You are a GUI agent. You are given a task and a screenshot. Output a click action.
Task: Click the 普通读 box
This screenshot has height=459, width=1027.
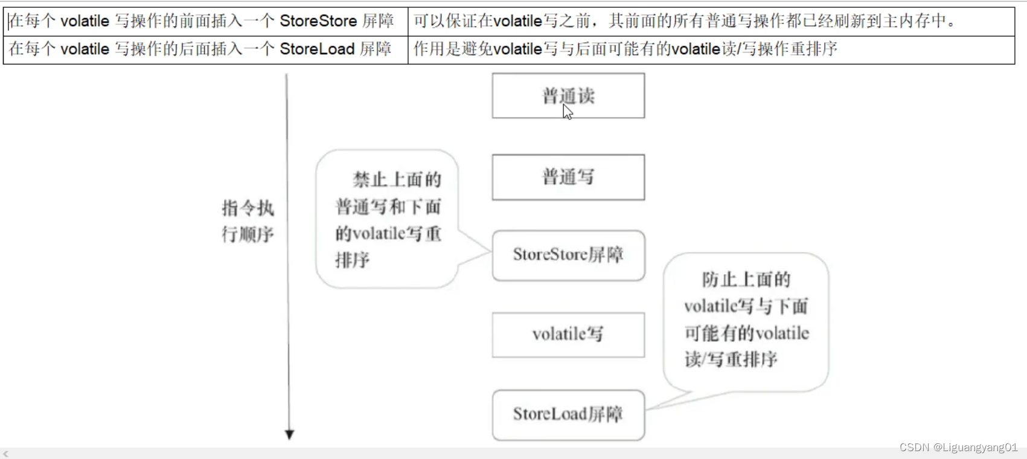568,95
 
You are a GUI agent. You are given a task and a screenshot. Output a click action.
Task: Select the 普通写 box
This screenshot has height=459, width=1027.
568,177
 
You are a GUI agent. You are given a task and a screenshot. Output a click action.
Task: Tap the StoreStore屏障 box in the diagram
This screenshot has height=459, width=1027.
568,255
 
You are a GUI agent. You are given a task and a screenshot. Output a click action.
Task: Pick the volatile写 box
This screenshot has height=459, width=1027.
568,335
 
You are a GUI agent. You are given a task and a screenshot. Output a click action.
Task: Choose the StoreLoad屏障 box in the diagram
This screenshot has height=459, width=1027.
568,414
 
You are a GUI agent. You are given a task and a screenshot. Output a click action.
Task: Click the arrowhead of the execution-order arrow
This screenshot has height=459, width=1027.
289,434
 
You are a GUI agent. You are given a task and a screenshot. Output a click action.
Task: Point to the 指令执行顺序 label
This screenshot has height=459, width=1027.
248,221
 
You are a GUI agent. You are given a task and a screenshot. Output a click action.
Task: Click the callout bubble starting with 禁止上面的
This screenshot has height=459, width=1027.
388,219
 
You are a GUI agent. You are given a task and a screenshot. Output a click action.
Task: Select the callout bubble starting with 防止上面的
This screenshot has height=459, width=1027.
746,319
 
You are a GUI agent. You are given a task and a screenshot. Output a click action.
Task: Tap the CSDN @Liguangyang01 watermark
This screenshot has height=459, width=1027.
958,448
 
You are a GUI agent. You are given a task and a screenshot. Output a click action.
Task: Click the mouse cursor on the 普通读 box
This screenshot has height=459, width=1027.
567,111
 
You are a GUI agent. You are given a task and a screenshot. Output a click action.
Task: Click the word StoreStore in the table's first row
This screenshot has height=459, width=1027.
318,21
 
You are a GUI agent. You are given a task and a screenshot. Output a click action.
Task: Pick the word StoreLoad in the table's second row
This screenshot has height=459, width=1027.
317,49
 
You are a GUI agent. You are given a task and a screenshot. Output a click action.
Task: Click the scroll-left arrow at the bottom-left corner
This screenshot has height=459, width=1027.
6,454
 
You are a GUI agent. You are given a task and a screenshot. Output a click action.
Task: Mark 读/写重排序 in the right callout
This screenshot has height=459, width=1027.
731,360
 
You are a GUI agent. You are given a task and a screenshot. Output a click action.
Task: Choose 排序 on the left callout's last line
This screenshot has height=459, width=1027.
353,260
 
